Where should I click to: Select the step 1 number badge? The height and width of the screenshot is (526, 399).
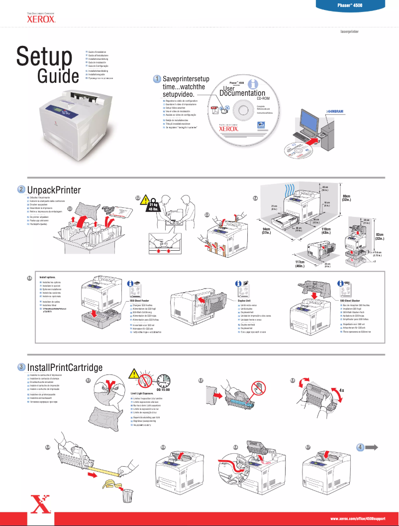tap(156, 79)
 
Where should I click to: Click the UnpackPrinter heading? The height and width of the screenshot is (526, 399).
tap(53, 190)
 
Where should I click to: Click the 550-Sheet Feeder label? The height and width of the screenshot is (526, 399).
tap(143, 301)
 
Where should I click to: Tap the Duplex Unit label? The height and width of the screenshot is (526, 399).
tap(244, 301)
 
